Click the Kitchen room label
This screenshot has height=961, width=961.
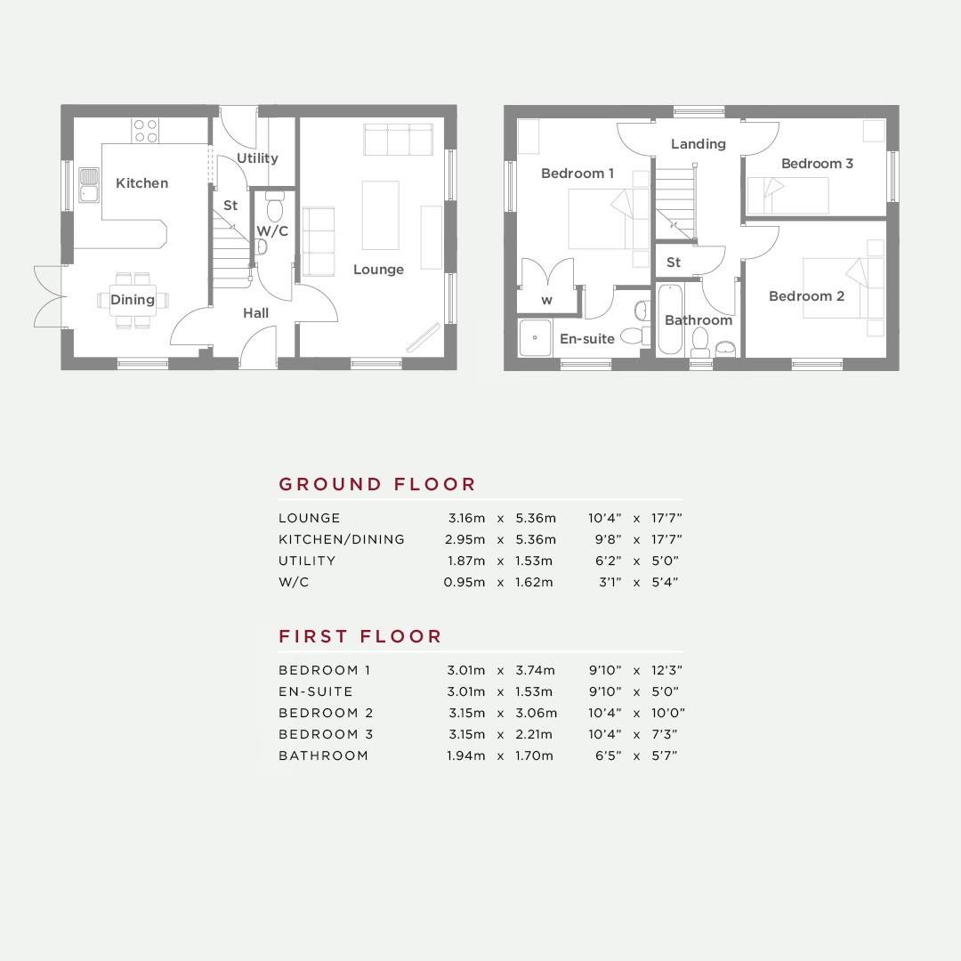pyautogui.click(x=141, y=183)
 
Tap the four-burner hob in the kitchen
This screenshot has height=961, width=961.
pyautogui.click(x=146, y=131)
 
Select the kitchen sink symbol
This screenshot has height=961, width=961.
pyautogui.click(x=89, y=185)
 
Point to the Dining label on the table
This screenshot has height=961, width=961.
pyautogui.click(x=133, y=300)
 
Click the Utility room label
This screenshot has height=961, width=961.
pyautogui.click(x=257, y=158)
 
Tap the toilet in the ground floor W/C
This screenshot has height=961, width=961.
pyautogui.click(x=275, y=206)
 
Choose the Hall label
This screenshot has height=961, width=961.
pyautogui.click(x=255, y=313)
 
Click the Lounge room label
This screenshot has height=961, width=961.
pyautogui.click(x=378, y=270)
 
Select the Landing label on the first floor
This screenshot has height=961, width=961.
pyautogui.click(x=699, y=144)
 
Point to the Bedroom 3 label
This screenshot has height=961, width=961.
pyautogui.click(x=817, y=164)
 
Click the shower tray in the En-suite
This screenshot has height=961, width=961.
pyautogui.click(x=535, y=337)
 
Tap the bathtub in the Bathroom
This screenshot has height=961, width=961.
pyautogui.click(x=670, y=319)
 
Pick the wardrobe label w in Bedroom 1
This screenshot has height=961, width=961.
pyautogui.click(x=546, y=301)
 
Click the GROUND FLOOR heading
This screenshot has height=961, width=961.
pyautogui.click(x=377, y=484)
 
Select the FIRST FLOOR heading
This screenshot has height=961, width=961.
pyautogui.click(x=359, y=636)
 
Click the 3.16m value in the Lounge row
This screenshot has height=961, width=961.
pyautogui.click(x=466, y=518)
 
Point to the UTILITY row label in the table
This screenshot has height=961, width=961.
pyautogui.click(x=307, y=561)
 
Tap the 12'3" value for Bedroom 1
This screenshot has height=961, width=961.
pyautogui.click(x=666, y=670)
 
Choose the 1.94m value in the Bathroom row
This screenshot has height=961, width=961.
pyautogui.click(x=465, y=755)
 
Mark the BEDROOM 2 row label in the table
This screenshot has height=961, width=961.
pyautogui.click(x=326, y=713)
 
